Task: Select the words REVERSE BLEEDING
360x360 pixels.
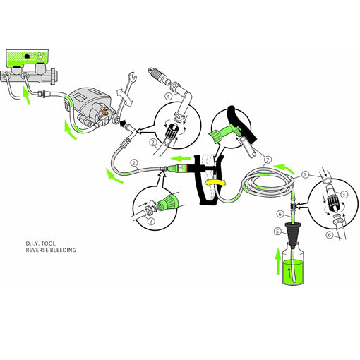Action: click(50, 251)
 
